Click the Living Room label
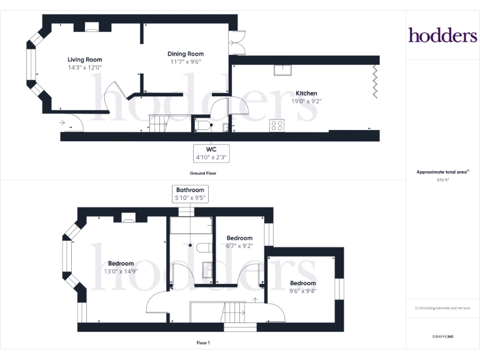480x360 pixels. pos(85,60)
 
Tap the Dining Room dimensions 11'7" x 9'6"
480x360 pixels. pos(186,62)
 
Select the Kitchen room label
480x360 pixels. pos(306,93)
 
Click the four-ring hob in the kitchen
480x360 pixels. pos(277,126)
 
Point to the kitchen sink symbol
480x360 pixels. pos(282,70)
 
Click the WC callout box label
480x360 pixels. pos(211,149)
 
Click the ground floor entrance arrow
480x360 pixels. pos(62,122)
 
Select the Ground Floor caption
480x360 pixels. pos(203,173)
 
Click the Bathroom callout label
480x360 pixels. pos(190,190)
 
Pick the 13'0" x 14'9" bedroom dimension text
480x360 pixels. pos(121,271)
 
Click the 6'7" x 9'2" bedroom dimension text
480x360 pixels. pos(239,246)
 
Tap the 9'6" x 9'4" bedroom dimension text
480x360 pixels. pos(302,291)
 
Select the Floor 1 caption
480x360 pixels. pos(203,343)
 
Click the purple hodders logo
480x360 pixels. pos(442,35)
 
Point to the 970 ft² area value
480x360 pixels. pos(442,180)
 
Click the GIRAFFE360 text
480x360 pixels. pos(442,336)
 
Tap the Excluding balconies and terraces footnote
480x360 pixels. pos(442,308)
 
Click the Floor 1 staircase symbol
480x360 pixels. pos(233,312)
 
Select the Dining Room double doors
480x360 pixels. pos(237,42)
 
